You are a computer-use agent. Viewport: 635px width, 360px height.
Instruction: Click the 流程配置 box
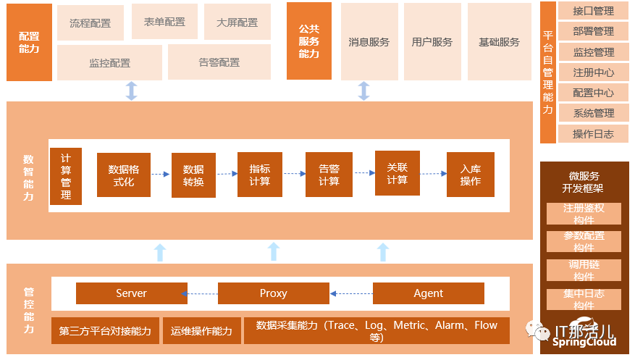coord(91,23)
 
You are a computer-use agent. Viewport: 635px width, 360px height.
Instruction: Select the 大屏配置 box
coord(237,22)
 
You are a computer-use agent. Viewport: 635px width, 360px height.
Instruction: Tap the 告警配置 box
coord(219,62)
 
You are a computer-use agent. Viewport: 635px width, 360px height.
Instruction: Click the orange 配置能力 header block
coord(29,42)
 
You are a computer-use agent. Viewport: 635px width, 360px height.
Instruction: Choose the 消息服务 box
coord(369,42)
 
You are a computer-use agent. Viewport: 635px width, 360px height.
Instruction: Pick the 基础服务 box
coord(499,42)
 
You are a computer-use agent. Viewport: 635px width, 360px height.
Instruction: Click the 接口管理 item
coord(592,12)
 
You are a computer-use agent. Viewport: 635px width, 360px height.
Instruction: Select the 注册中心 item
coord(592,72)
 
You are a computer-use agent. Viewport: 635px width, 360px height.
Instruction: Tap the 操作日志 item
coord(592,134)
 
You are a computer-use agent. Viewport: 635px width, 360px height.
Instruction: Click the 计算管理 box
coord(66,176)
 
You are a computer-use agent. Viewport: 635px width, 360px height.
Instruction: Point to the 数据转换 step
coord(193,175)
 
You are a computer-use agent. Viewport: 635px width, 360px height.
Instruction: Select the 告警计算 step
coord(329,175)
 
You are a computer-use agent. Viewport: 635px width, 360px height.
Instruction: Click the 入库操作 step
coord(470,175)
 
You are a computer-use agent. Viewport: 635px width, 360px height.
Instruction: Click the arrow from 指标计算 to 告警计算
coord(293,174)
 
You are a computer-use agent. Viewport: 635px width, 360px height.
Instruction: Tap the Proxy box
coord(273,293)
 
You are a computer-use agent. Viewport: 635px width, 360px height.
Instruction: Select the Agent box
coord(428,293)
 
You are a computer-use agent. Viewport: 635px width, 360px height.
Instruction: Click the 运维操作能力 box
coord(201,331)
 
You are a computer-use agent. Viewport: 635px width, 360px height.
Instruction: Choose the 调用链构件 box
coord(584,270)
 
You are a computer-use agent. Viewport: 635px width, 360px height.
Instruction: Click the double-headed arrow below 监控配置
coord(131,91)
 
